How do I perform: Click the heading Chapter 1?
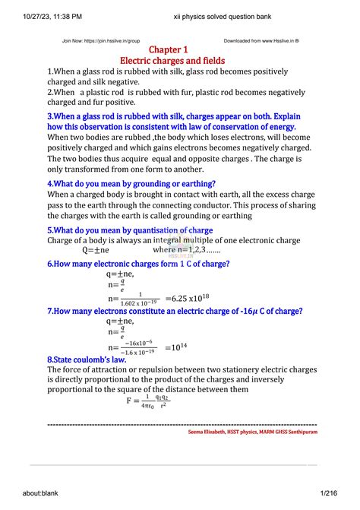coord(180,49)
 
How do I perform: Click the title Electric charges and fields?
coord(180,60)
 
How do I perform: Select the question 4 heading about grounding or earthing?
coord(131,183)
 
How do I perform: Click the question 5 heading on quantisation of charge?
coord(130,230)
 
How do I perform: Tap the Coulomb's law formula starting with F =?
coord(148,400)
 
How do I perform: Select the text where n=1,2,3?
coord(187,249)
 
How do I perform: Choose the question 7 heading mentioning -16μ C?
coord(175,311)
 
